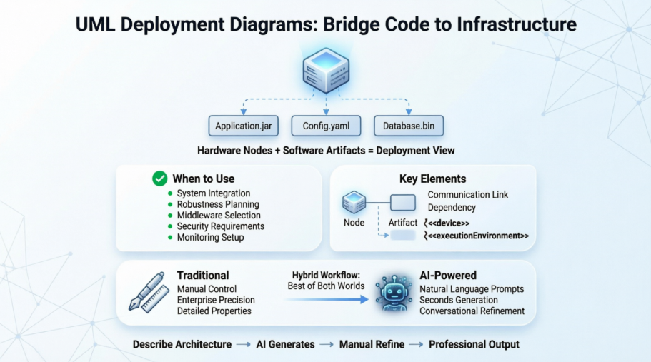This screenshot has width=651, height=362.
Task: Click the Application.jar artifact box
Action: [244, 126]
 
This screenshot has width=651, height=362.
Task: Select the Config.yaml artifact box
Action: [326, 126]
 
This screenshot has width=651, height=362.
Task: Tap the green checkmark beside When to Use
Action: [161, 179]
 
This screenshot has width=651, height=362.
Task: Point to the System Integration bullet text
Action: [214, 193]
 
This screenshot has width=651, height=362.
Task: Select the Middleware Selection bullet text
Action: [219, 215]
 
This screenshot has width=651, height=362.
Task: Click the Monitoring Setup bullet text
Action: [210, 237]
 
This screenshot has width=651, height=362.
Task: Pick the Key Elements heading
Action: [432, 179]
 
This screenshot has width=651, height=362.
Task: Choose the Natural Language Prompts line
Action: [472, 289]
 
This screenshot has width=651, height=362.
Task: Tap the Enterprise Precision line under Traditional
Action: [216, 300]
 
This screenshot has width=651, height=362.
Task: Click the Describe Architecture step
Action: [182, 344]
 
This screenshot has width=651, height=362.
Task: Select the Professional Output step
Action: [474, 344]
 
